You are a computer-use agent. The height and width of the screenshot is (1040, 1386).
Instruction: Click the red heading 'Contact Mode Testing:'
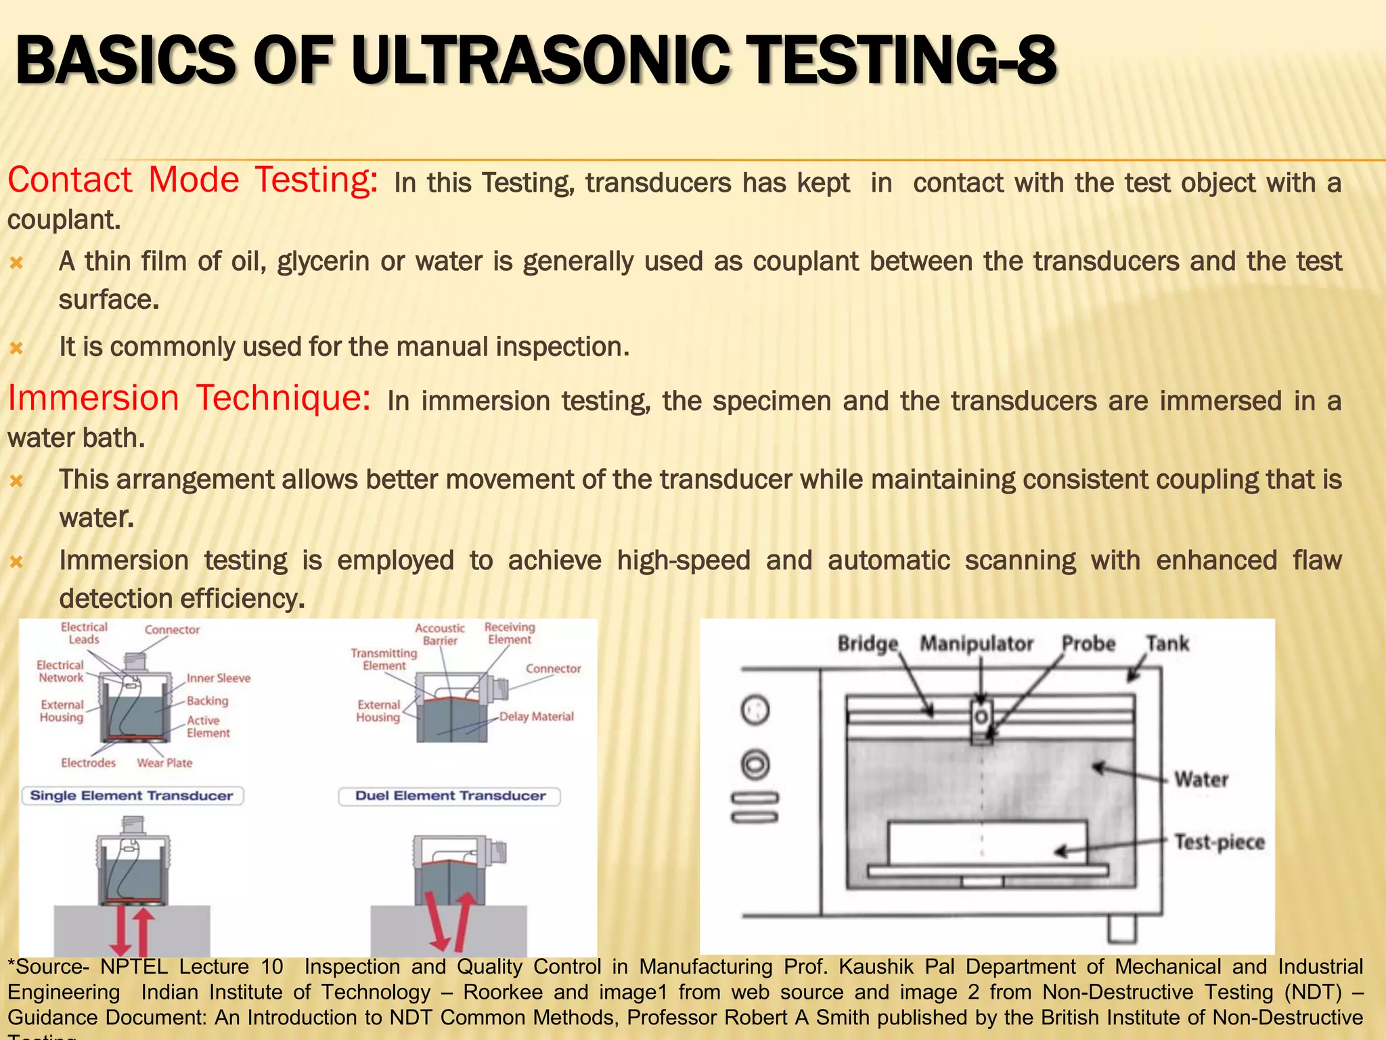pyautogui.click(x=192, y=181)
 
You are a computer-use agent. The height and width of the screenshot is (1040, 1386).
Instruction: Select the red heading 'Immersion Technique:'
pyautogui.click(x=189, y=398)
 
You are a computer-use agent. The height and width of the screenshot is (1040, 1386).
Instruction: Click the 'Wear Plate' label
pyautogui.click(x=164, y=763)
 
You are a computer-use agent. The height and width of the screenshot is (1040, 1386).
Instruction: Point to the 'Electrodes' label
pyautogui.click(x=88, y=763)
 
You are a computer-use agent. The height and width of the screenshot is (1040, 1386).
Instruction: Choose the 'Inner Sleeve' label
pyautogui.click(x=219, y=678)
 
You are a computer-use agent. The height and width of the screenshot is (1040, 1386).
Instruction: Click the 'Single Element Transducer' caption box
pyautogui.click(x=132, y=796)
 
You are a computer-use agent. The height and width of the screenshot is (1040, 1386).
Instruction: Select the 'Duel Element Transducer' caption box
pyautogui.click(x=450, y=796)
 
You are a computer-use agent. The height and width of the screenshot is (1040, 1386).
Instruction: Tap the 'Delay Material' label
pyautogui.click(x=536, y=716)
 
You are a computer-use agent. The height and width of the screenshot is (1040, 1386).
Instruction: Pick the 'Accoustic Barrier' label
pyautogui.click(x=440, y=634)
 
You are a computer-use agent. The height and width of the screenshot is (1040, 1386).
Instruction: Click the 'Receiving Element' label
pyautogui.click(x=510, y=633)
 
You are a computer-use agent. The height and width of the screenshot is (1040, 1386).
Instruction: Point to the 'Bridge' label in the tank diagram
pyautogui.click(x=868, y=643)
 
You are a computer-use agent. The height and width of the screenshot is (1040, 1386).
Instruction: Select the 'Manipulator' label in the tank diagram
pyautogui.click(x=976, y=643)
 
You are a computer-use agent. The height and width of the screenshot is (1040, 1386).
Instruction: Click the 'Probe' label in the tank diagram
pyautogui.click(x=1088, y=643)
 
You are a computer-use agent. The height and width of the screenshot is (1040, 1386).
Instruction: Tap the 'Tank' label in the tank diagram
pyautogui.click(x=1167, y=643)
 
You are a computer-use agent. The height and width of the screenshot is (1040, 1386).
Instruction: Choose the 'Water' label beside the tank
pyautogui.click(x=1201, y=779)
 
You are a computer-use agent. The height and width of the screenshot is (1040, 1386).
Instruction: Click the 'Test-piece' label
pyautogui.click(x=1219, y=842)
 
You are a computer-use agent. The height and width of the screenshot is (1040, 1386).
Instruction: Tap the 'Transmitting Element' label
pyautogui.click(x=384, y=659)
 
